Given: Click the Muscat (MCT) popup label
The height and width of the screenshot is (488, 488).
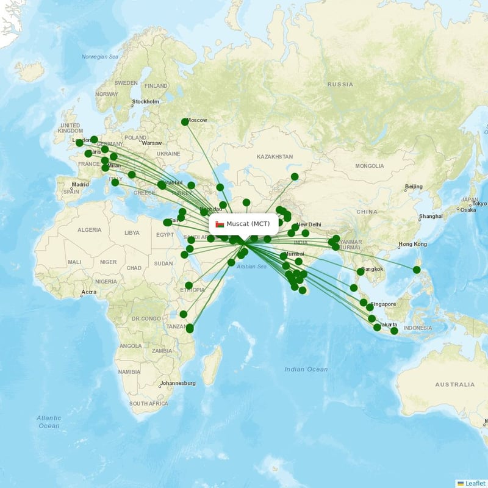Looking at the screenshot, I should point(248,224).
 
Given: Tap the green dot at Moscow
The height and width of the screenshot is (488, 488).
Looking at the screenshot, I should point(185,122).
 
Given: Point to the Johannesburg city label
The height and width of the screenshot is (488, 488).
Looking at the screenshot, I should point(178,383).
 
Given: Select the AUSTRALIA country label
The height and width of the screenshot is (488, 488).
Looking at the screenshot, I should point(454,385).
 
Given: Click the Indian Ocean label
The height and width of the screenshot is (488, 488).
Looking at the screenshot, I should point(306,369).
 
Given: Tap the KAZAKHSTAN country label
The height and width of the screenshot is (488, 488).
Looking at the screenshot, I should point(274,157).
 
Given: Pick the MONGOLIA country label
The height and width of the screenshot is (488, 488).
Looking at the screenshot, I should point(370,166).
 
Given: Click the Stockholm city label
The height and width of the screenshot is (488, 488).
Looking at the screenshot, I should point(146,102).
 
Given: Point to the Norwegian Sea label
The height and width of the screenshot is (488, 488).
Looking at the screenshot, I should point(99,57).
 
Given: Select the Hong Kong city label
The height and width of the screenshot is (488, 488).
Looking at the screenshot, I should point(412,245).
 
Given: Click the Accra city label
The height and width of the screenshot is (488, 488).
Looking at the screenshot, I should point(88,292).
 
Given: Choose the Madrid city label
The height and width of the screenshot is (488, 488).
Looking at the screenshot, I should point(80,184).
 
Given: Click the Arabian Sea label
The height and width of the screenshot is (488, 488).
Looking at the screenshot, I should point(251,267).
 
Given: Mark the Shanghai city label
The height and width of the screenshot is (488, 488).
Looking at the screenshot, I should point(431,217).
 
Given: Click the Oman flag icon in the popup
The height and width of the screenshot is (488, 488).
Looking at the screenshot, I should point(220,224).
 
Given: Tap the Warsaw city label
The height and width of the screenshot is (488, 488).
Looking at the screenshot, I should point(152,143).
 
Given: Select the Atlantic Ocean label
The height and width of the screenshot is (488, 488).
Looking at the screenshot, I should point(49,422).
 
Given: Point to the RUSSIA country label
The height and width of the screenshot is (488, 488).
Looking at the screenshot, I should point(340,84).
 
